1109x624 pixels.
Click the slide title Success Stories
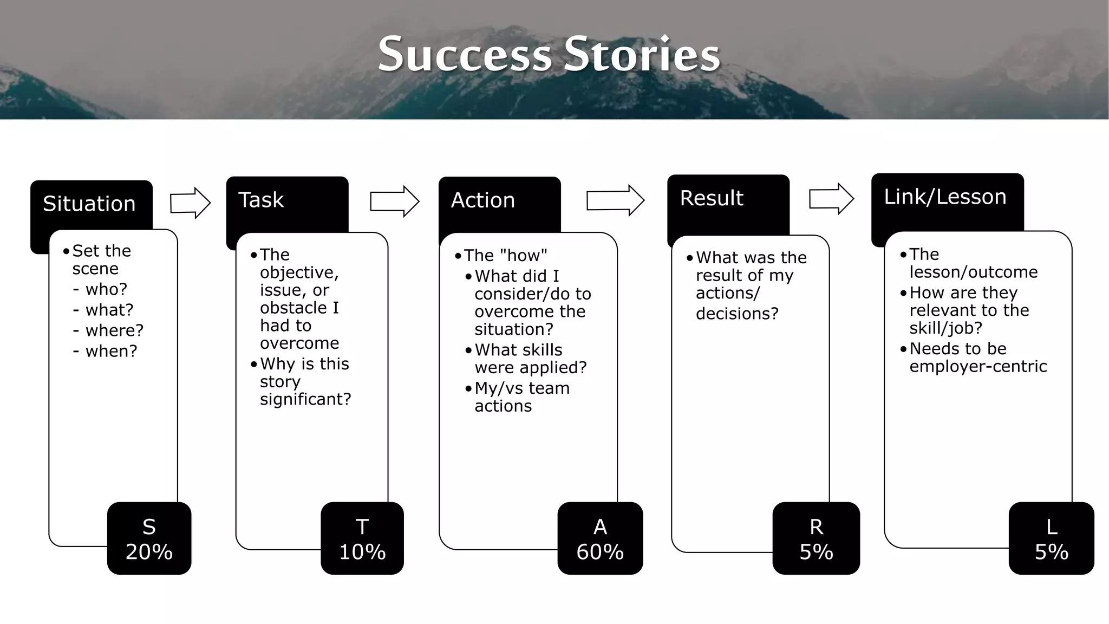[549, 54]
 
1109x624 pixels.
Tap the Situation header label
[89, 204]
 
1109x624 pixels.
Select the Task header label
[260, 200]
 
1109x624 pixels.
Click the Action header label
[482, 200]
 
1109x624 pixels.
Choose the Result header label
[711, 198]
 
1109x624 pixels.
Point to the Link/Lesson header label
[944, 197]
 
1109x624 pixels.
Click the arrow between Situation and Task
[190, 203]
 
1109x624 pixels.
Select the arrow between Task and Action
[394, 201]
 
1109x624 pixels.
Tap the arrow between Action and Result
[615, 200]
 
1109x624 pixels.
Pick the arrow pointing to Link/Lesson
[831, 199]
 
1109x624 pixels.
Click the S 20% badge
[149, 538]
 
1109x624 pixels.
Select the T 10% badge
[362, 538]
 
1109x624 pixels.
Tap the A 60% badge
[599, 538]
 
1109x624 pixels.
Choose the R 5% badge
[816, 538]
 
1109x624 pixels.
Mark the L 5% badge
[1051, 538]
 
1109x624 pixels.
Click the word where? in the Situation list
[114, 330]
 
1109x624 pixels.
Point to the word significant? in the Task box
[305, 399]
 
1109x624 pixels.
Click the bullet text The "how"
[505, 255]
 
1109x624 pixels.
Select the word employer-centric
[977, 367]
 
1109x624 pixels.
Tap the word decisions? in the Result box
[736, 314]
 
